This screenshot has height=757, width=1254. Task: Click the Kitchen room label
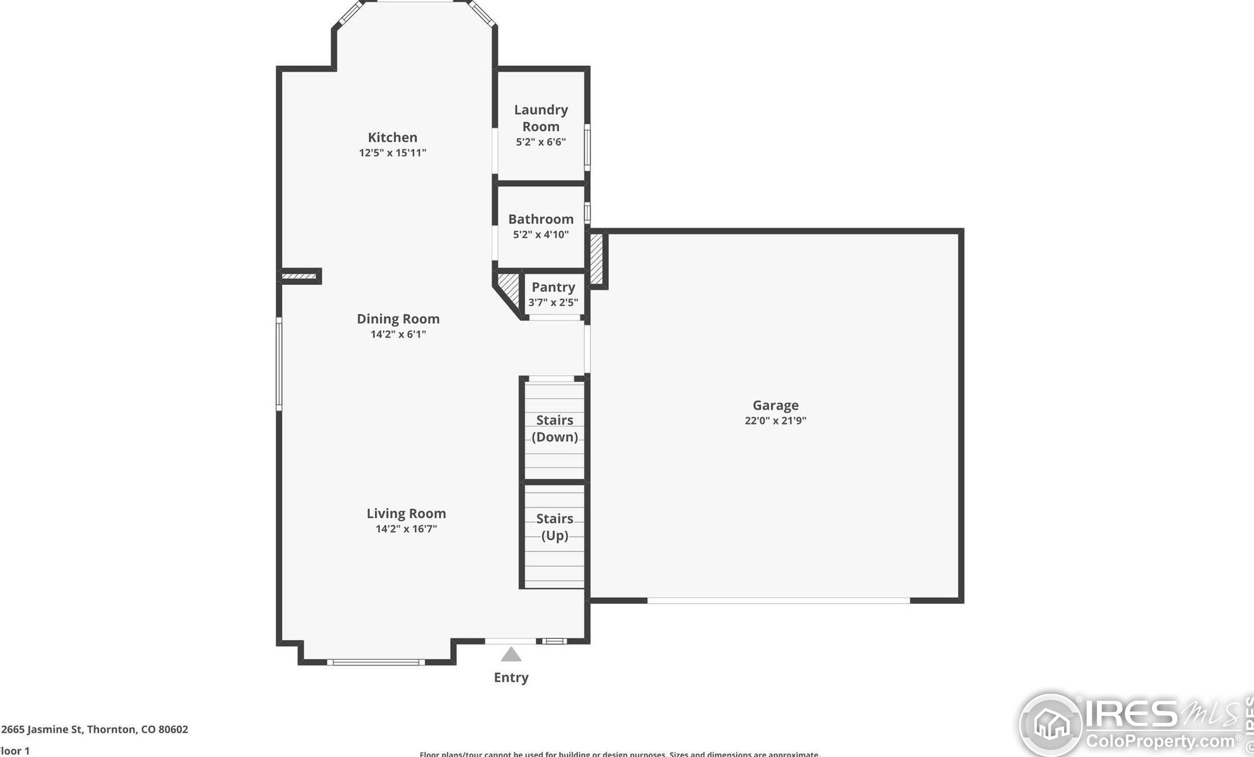[x=392, y=137]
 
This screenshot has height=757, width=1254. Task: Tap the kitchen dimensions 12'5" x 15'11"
[x=392, y=153]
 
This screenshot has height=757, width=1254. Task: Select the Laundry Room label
[x=540, y=118]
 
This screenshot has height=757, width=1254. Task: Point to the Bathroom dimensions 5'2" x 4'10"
[x=540, y=234]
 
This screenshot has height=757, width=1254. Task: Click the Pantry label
[x=553, y=287]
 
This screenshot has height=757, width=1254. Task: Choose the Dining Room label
[x=398, y=319]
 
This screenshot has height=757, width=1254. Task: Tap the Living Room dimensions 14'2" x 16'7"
[x=406, y=529]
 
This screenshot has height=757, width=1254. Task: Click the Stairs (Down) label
[x=555, y=429]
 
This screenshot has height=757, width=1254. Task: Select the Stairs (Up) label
[x=555, y=527]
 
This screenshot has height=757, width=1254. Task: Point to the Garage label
[x=776, y=405]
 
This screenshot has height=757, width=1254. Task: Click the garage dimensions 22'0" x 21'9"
[x=776, y=420]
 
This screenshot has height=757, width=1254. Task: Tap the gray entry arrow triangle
[x=511, y=655]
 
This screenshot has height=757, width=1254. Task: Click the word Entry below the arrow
[x=511, y=678]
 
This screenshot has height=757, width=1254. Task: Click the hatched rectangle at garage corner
[x=596, y=259]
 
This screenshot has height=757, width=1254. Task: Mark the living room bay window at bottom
[x=376, y=663]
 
